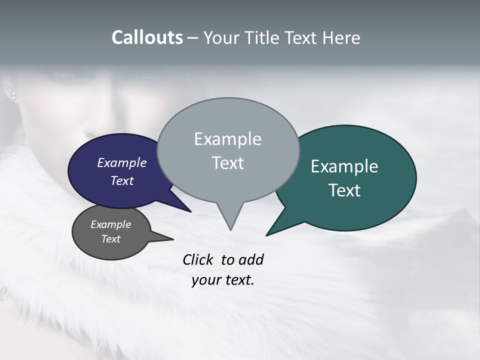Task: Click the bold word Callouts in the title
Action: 147,37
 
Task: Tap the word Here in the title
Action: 341,38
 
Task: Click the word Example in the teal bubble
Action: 344,166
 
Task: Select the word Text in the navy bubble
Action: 122,181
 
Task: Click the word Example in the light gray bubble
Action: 227,139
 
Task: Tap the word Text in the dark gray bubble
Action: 111,239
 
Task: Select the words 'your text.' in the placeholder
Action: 223,280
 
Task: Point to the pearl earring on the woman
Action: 13,95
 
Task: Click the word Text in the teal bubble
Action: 345,190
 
